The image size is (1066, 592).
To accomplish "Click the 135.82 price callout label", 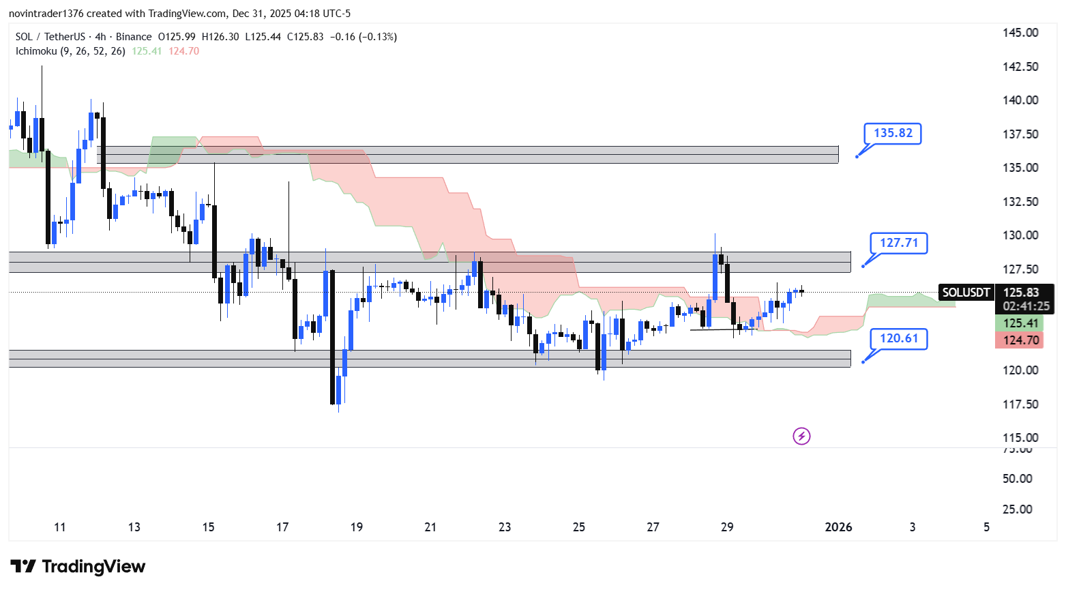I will [x=892, y=133].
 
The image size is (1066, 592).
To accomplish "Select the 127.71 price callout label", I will [x=898, y=243].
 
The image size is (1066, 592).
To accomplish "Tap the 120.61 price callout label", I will [x=898, y=338].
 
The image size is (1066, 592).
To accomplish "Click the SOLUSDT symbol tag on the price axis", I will [x=965, y=293].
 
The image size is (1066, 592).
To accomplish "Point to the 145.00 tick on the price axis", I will [x=1020, y=33].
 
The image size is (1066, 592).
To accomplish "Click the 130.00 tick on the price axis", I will [x=1020, y=235].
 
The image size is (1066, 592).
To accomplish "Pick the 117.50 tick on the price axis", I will [x=1020, y=404].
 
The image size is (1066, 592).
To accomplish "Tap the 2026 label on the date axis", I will [x=838, y=527].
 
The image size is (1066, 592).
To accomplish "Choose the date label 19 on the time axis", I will [x=356, y=527].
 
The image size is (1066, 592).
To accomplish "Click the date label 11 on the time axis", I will [x=60, y=527].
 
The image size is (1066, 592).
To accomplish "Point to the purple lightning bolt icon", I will [x=801, y=436].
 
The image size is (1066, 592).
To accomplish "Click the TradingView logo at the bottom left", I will [x=78, y=567].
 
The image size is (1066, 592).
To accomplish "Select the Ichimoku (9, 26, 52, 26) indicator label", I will [x=70, y=51].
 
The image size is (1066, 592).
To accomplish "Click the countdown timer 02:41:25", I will [x=1026, y=306].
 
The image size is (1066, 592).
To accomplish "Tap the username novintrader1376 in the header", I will [x=46, y=14].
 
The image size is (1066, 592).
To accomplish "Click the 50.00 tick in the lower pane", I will [x=1017, y=479].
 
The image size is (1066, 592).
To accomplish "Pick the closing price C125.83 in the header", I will [x=305, y=37].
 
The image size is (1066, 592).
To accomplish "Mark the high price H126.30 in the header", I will [x=220, y=37].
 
